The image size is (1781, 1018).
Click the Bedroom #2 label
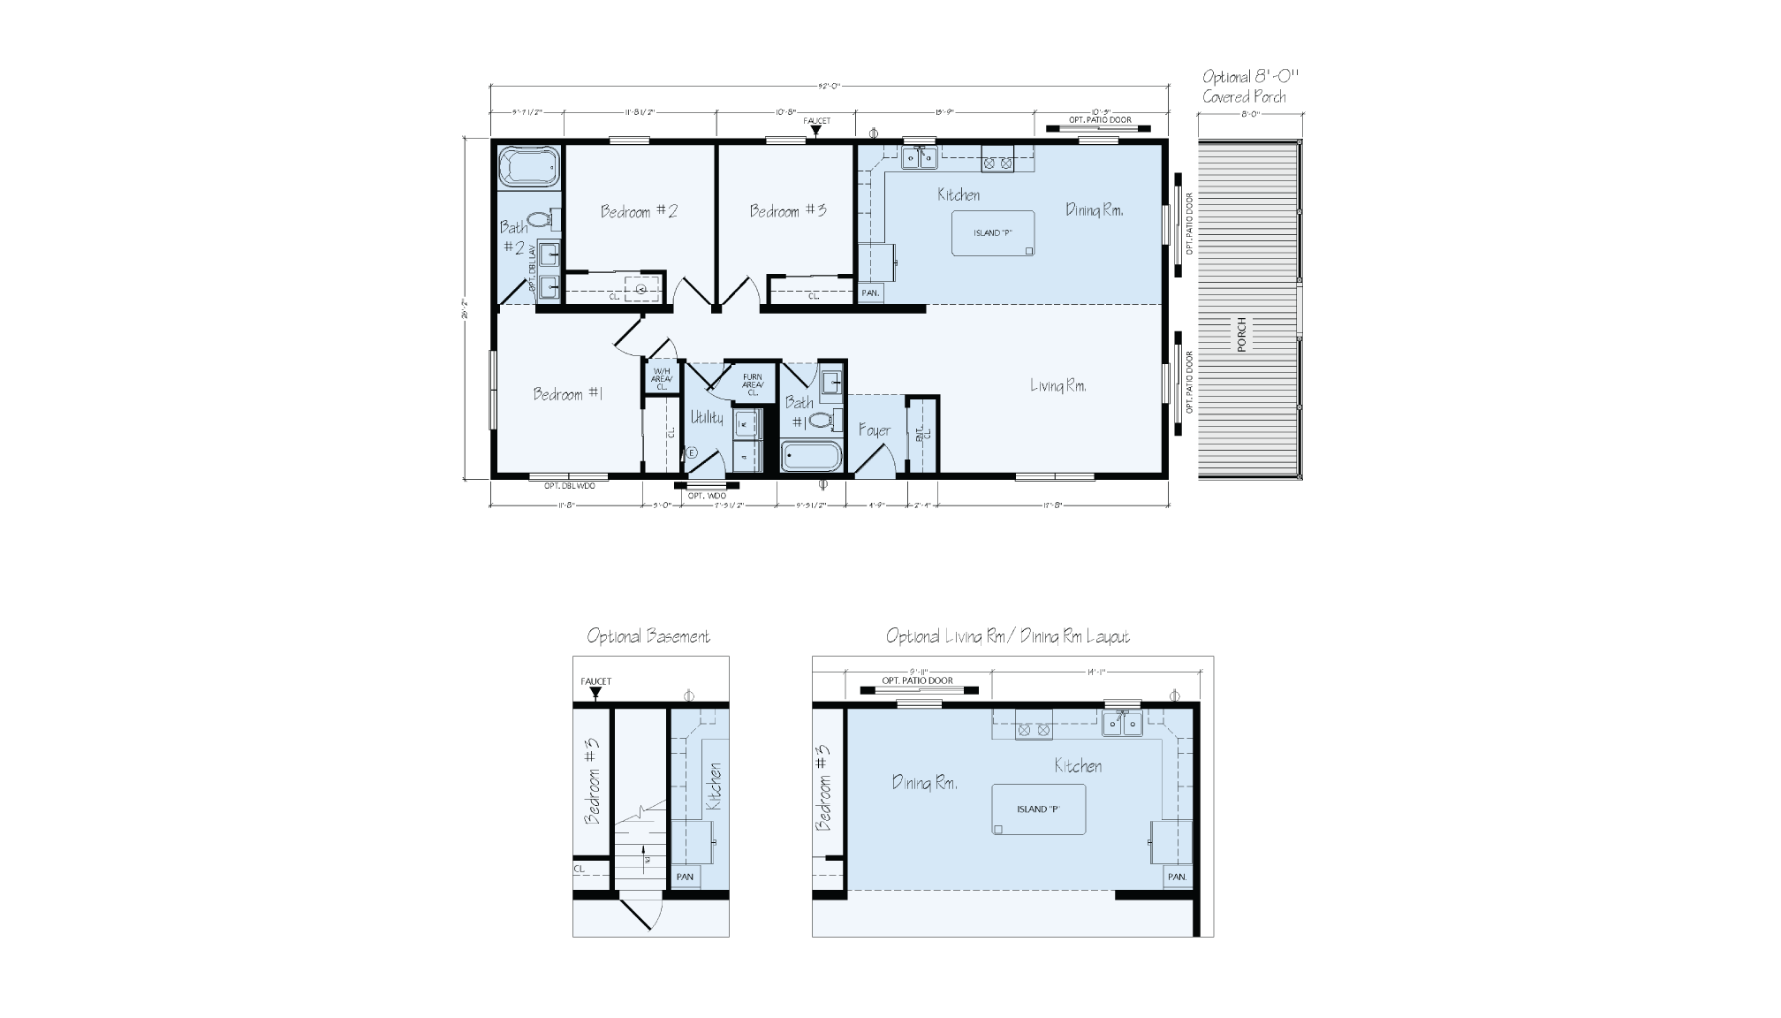pyautogui.click(x=639, y=211)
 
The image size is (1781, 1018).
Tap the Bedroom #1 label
pyautogui.click(x=568, y=394)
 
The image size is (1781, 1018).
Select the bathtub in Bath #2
pyautogui.click(x=529, y=167)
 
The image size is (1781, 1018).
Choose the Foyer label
pyautogui.click(x=875, y=430)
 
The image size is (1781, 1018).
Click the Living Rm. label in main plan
pyautogui.click(x=1057, y=385)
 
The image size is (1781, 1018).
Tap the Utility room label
pyautogui.click(x=707, y=417)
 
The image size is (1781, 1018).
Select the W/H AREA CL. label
pyautogui.click(x=662, y=379)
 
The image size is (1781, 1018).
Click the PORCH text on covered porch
pyautogui.click(x=1241, y=335)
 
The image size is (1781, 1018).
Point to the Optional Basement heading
pyautogui.click(x=648, y=636)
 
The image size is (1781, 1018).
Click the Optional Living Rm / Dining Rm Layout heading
pyautogui.click(x=1007, y=636)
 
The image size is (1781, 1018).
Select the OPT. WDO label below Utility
pyautogui.click(x=707, y=497)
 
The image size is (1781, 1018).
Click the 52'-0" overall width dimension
pyautogui.click(x=829, y=87)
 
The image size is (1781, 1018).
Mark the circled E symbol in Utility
pyautogui.click(x=692, y=452)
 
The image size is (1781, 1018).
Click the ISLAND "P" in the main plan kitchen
pyautogui.click(x=992, y=233)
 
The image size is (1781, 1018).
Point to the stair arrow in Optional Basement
pyautogui.click(x=647, y=859)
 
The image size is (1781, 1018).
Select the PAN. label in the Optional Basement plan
pyautogui.click(x=685, y=877)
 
